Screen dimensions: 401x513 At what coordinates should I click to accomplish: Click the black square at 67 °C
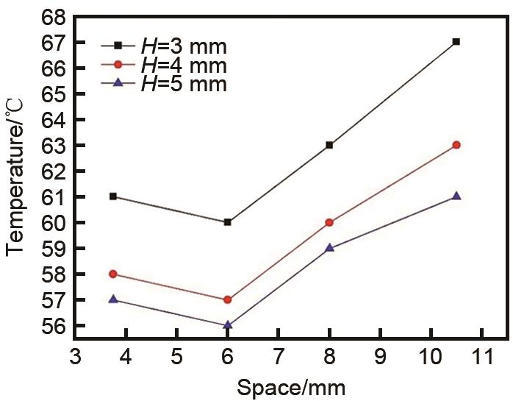click(456, 42)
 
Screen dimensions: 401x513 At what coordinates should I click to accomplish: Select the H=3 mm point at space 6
click(228, 222)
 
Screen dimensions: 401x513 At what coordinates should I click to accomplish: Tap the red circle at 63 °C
click(456, 145)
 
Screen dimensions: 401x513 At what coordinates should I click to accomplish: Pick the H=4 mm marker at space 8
click(329, 222)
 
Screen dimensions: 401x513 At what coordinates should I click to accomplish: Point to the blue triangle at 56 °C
click(228, 324)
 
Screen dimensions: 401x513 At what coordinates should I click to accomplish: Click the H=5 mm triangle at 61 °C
click(456, 196)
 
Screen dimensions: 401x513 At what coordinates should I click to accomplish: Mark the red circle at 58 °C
click(112, 274)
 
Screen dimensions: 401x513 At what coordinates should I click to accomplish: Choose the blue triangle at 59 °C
click(329, 247)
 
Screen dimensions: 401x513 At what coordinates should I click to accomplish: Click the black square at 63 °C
click(329, 145)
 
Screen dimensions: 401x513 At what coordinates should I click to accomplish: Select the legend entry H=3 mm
click(164, 47)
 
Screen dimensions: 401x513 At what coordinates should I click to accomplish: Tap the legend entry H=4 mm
click(164, 65)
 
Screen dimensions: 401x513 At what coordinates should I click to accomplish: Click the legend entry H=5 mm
click(164, 83)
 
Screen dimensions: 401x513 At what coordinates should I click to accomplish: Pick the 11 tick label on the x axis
click(481, 358)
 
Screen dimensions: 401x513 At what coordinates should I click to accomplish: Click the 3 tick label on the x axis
click(76, 358)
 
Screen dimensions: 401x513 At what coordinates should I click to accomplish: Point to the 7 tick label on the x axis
click(279, 358)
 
